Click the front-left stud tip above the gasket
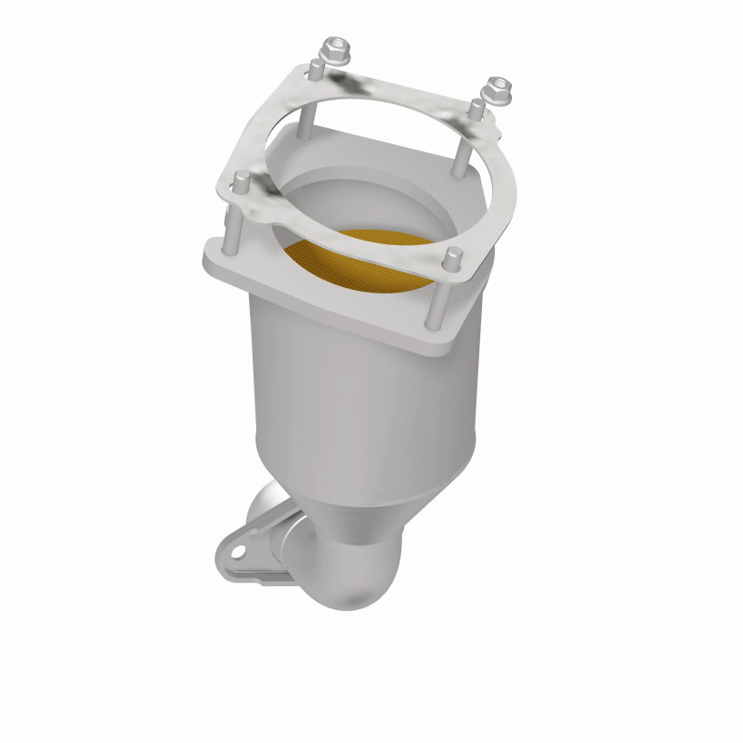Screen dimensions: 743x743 tap(234, 186)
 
